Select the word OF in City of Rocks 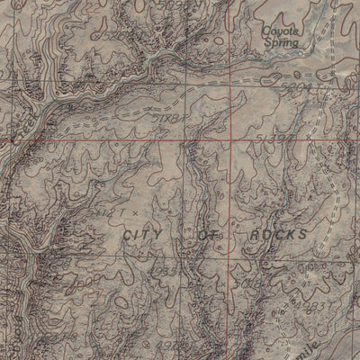[x=211, y=233]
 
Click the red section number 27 [x=54, y=292]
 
